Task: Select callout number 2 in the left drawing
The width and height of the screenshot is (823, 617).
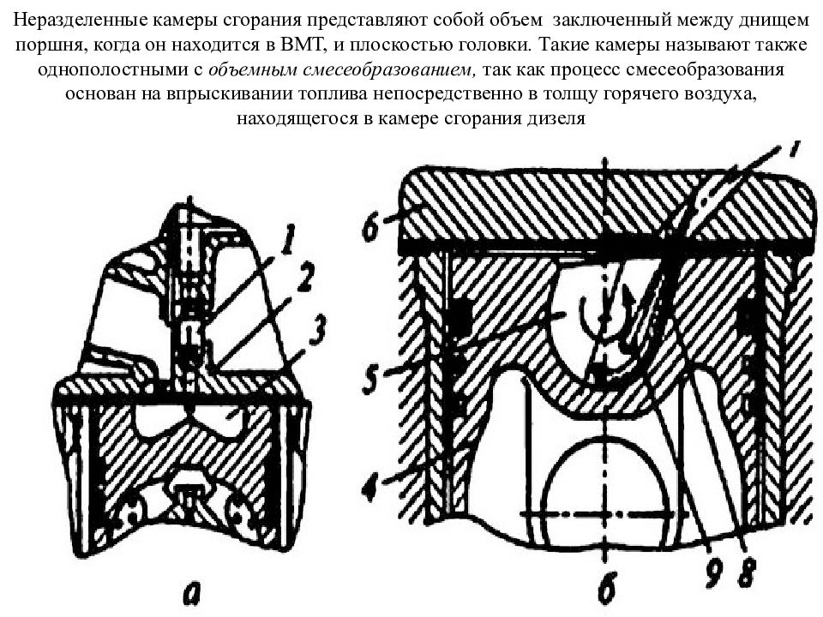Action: point(305,277)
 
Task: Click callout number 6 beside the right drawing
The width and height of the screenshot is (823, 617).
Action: point(370,225)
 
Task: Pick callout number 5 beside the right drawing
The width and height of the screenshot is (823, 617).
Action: point(371,376)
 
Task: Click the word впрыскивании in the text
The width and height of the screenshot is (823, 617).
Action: point(228,94)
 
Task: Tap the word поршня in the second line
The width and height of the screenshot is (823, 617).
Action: point(46,45)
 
